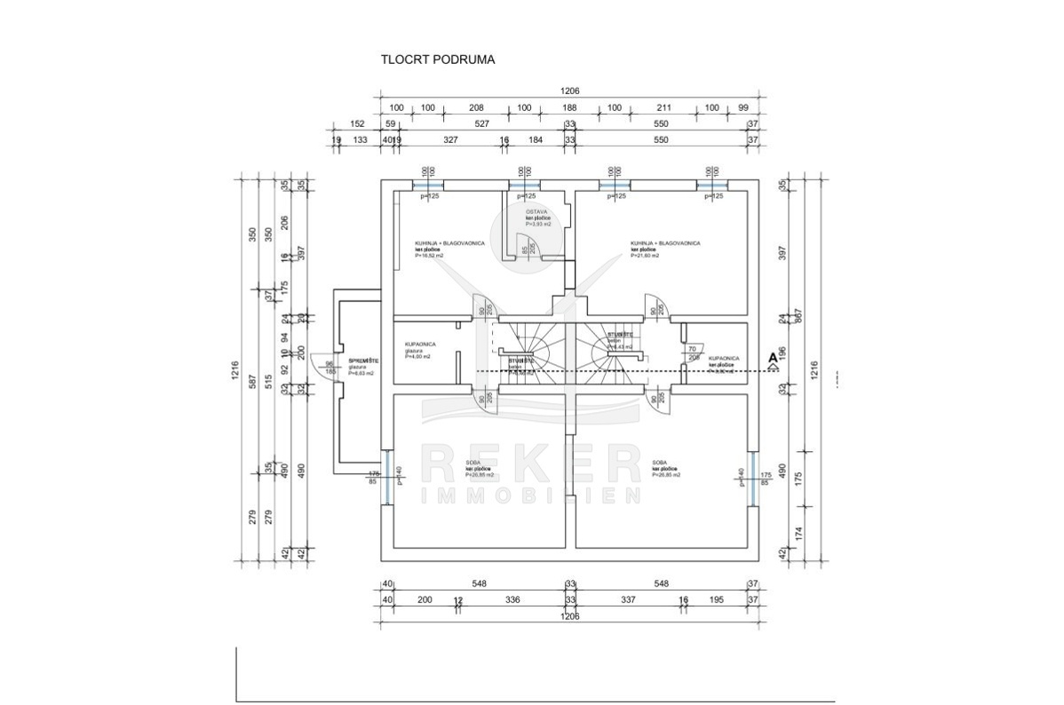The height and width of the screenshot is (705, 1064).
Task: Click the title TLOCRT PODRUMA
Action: [437, 60]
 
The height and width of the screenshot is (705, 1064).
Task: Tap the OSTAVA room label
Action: [536, 211]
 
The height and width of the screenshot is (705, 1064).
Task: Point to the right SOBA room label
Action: [659, 463]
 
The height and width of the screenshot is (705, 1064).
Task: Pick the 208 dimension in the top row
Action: [476, 108]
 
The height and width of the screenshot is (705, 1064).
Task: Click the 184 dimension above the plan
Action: [536, 140]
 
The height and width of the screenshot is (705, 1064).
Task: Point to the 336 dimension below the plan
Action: [512, 600]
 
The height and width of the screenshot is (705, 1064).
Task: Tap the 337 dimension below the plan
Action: [627, 600]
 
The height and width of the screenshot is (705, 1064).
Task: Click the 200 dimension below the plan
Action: [425, 600]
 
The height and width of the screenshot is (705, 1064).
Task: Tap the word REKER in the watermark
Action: [530, 464]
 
